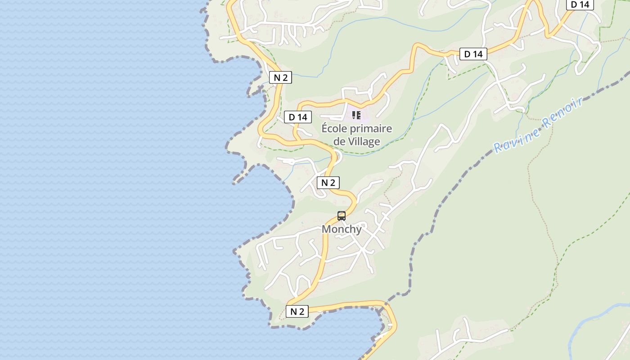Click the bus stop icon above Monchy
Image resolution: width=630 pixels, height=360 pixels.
tap(342, 216)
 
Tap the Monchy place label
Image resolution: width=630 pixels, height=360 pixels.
tap(342, 229)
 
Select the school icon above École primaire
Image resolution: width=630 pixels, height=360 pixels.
tap(356, 115)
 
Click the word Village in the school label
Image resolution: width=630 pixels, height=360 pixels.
tap(364, 141)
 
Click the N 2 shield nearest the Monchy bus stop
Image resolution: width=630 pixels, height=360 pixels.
tap(328, 183)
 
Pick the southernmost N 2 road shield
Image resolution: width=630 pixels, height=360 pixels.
tap(297, 311)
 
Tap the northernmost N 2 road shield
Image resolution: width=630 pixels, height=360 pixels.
tap(280, 77)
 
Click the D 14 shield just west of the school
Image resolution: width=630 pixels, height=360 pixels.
tap(298, 117)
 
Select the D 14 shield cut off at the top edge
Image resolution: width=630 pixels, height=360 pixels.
tap(580, 4)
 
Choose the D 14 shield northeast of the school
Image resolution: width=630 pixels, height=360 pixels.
tap(473, 54)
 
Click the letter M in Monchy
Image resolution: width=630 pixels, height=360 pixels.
tap(327, 229)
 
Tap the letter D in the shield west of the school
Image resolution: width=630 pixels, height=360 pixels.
tap(292, 117)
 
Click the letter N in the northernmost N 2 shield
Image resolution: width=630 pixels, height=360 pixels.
tap(277, 77)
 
